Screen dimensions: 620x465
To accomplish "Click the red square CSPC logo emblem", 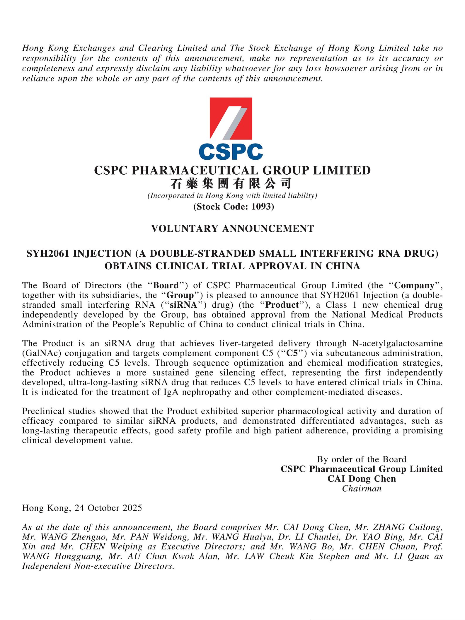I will (231, 118).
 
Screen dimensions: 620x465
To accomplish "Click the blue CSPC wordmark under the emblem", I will (231, 151).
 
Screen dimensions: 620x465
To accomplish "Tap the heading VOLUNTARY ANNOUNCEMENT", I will (232, 229).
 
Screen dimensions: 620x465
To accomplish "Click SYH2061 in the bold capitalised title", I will (48, 253).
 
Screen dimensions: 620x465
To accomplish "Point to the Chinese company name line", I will (231, 183).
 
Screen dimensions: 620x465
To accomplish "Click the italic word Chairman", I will (362, 488).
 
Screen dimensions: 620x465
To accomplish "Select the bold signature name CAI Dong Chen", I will (362, 479).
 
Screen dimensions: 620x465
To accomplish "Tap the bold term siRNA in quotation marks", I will (184, 305).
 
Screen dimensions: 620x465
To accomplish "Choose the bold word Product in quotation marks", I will (282, 305).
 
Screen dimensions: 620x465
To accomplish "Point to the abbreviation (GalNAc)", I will (41, 353).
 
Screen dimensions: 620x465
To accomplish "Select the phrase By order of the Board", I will (362, 459).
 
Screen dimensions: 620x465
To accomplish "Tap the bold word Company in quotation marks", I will (414, 286).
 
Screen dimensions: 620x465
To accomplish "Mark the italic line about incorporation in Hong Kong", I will (232, 195).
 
